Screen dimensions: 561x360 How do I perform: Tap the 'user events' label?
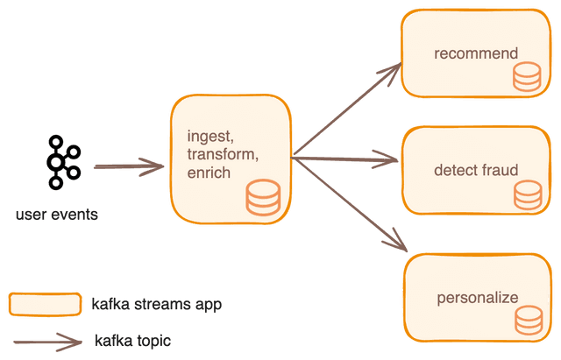[57, 215]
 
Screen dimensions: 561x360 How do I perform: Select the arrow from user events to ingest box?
[129, 166]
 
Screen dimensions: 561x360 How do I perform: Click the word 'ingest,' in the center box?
[210, 137]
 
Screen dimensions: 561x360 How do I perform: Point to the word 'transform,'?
[223, 154]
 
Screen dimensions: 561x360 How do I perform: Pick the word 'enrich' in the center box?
[209, 173]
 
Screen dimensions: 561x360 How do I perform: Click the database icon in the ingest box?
[263, 198]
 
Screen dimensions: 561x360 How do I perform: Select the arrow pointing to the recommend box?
[347, 109]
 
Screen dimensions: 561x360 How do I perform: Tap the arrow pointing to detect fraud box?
[344, 159]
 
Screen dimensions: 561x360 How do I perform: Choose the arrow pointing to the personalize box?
[351, 204]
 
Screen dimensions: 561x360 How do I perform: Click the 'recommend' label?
[476, 53]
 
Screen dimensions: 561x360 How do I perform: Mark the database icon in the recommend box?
[527, 76]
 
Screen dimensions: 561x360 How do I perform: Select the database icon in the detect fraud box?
[528, 195]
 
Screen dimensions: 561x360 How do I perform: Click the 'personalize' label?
[477, 299]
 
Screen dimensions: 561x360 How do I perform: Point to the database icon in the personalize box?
[529, 321]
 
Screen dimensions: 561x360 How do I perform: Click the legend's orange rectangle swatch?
[45, 305]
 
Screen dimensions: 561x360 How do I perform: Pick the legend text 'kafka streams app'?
[157, 305]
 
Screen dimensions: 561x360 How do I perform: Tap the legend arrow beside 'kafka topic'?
[48, 342]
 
